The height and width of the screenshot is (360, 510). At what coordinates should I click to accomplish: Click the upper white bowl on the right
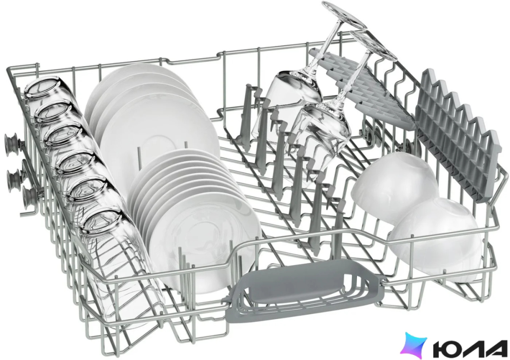click(x=394, y=189)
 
